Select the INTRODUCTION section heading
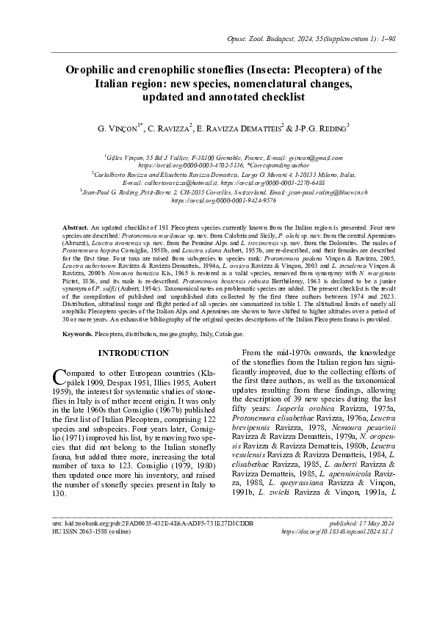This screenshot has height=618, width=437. point(138,353)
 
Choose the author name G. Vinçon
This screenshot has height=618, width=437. point(120,129)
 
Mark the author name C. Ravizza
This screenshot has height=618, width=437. point(169,129)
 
